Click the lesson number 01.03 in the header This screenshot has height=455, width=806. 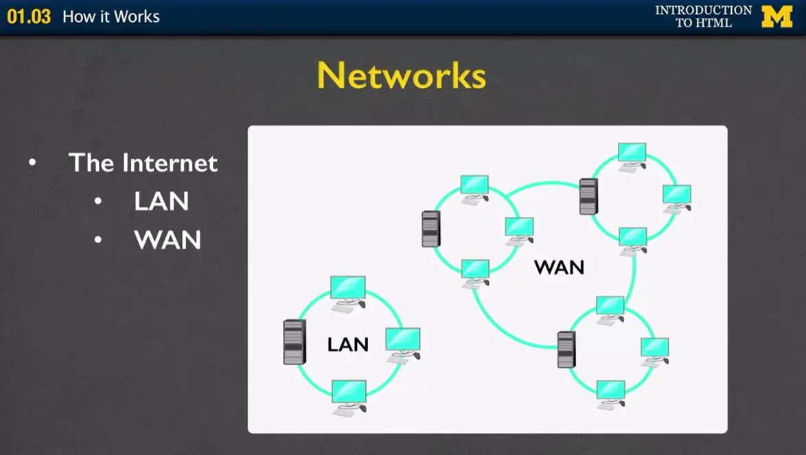(29, 16)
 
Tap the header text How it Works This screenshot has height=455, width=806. (111, 16)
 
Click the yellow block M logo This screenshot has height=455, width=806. (776, 16)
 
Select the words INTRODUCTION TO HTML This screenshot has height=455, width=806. (703, 16)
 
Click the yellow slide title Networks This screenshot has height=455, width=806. (402, 75)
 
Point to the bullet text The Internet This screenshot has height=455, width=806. (143, 163)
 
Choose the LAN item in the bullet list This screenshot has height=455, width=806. (161, 201)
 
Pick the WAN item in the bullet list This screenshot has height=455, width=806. (168, 240)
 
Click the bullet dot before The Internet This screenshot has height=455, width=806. (32, 163)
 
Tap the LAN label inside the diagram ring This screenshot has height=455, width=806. (347, 345)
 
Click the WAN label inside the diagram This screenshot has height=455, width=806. (559, 267)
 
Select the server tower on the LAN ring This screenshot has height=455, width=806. (294, 342)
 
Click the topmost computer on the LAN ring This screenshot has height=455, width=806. (347, 291)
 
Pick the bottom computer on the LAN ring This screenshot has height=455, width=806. (349, 395)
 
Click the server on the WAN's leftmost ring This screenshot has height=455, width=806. (430, 229)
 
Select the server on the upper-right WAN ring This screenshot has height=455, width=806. (588, 196)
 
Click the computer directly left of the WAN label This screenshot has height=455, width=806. (519, 229)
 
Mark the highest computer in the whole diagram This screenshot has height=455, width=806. (632, 154)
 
